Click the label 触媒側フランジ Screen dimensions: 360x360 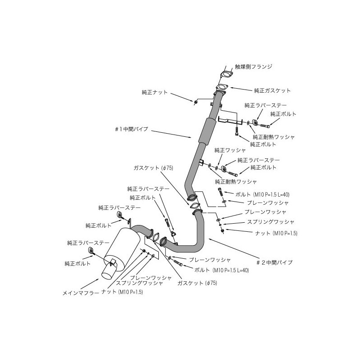[253, 67]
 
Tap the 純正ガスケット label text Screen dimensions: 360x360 [272, 90]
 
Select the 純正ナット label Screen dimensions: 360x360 [155, 92]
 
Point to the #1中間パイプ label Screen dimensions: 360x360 [131, 129]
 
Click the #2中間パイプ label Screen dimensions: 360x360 [274, 262]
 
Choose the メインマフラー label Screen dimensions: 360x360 [81, 293]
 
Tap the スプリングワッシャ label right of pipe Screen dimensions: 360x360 [270, 222]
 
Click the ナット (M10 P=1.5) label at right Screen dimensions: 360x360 [276, 233]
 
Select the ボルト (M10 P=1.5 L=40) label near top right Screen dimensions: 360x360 [262, 194]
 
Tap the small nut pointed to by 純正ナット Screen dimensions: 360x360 [195, 102]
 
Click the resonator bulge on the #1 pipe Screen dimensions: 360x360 [207, 131]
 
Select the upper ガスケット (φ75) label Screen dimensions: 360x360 [153, 168]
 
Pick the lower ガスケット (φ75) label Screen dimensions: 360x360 [197, 283]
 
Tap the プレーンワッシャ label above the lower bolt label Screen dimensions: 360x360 [210, 260]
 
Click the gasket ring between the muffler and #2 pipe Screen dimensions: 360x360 [155, 238]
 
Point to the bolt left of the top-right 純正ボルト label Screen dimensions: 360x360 [265, 126]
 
